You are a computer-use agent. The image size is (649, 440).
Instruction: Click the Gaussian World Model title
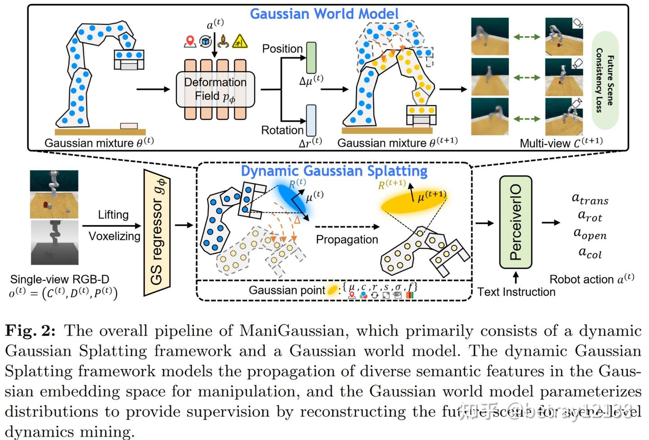324,14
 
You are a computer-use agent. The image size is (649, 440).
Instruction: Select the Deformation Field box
215,89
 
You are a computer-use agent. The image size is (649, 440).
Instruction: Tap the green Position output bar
311,58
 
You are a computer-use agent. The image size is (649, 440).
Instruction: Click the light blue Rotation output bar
311,120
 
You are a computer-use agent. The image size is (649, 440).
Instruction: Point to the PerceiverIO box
516,222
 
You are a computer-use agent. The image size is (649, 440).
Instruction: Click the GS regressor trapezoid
156,233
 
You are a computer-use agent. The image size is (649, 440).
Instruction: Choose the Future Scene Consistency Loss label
605,80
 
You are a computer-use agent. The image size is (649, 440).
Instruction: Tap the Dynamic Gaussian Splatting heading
334,171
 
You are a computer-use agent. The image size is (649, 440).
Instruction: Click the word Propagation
347,239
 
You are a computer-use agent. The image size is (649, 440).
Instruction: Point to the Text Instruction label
516,292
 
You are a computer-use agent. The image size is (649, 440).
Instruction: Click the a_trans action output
590,198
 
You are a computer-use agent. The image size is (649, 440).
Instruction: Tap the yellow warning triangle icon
240,41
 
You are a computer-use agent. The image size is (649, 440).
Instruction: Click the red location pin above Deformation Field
190,41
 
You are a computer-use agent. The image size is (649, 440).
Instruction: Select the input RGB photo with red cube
54,194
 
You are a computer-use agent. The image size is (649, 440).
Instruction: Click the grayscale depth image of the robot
54,242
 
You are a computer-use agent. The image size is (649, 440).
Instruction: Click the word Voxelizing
114,236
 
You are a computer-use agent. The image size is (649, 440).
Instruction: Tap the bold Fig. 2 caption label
30,331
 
